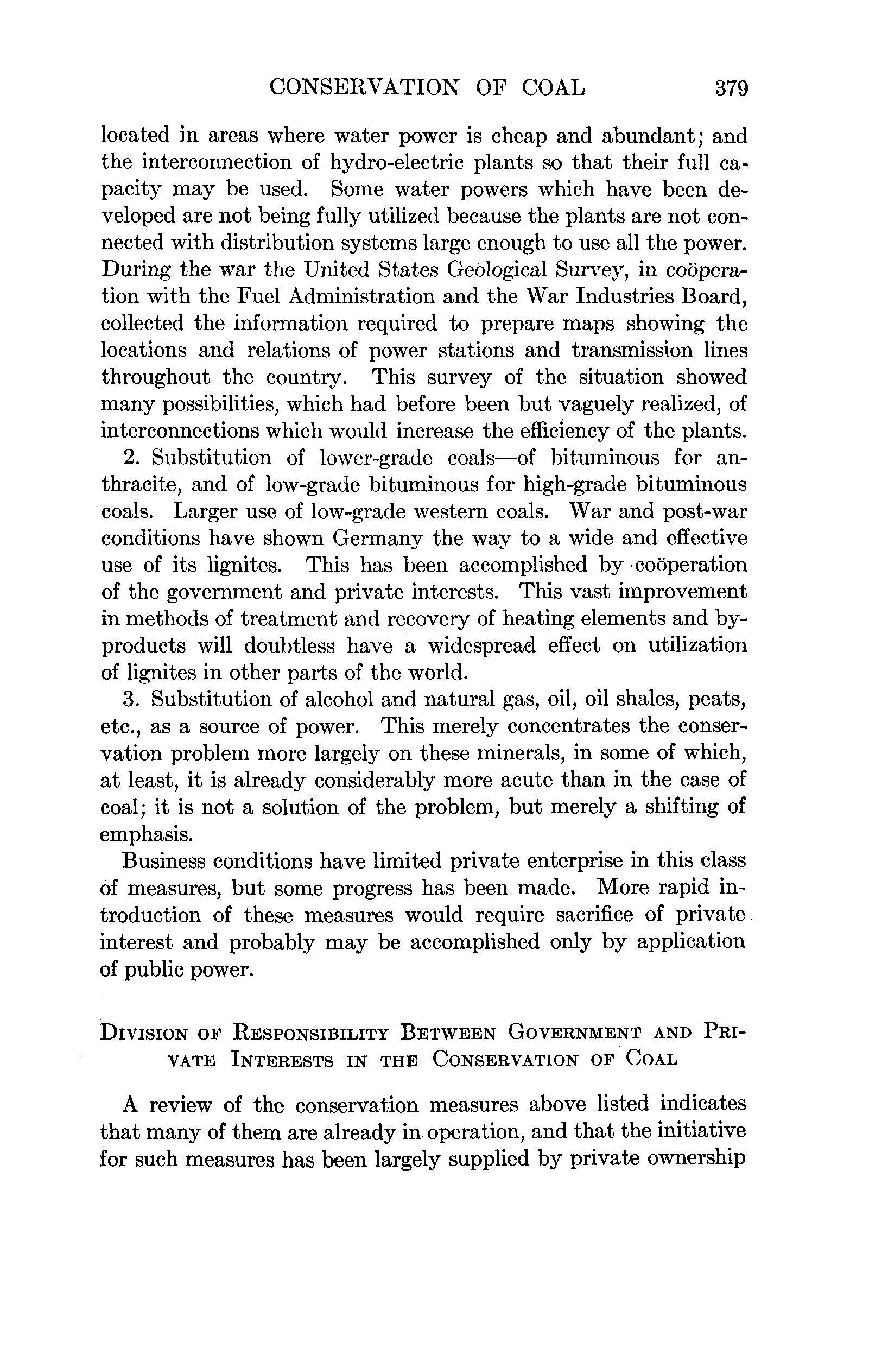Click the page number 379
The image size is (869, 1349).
731,88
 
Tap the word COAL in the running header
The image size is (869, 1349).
553,88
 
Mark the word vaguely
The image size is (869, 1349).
606,404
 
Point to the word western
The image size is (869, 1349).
445,511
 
